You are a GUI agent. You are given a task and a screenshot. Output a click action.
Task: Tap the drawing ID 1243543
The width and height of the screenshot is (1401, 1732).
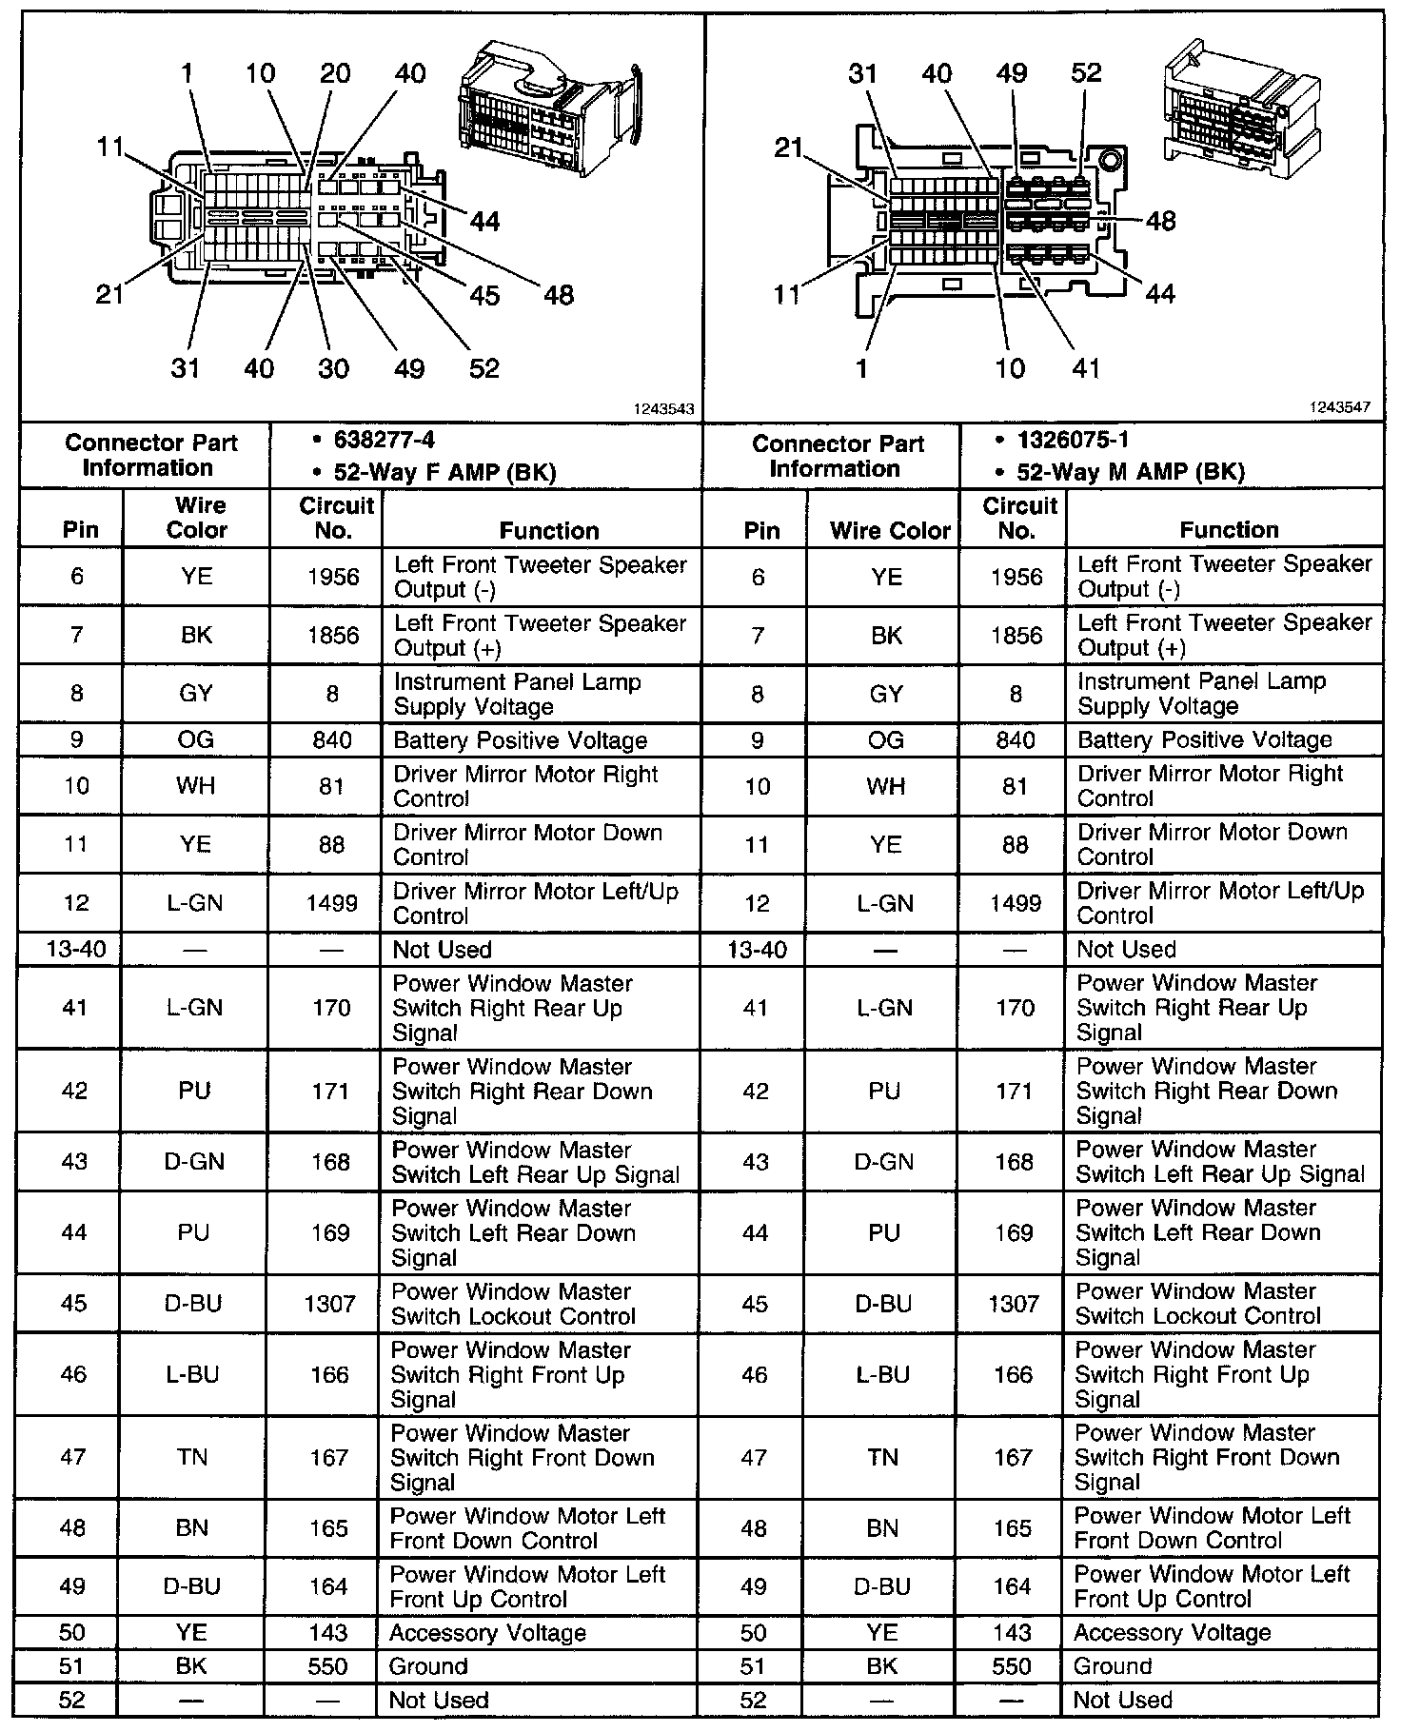[664, 409]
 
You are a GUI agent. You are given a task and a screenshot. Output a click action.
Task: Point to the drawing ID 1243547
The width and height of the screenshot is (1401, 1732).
[1340, 407]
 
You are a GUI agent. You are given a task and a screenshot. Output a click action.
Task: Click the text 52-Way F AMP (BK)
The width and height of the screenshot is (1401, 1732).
[444, 472]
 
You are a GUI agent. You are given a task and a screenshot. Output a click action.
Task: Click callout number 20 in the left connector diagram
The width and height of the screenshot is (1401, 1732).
[334, 73]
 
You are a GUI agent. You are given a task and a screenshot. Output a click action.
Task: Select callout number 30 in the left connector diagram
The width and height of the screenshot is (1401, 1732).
[333, 368]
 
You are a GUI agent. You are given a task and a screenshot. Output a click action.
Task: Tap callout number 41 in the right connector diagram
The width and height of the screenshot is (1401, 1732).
[1086, 368]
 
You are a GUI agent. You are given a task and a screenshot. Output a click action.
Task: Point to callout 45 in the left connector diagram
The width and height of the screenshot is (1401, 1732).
[484, 295]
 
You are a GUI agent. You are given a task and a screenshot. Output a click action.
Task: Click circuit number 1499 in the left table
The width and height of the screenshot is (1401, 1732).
[332, 903]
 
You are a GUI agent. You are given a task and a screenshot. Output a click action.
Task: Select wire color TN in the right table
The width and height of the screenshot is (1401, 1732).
[882, 1457]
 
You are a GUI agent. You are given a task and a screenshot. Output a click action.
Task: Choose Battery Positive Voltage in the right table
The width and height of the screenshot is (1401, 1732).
[1204, 740]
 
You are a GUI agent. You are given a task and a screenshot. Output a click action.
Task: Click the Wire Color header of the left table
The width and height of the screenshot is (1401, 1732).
[197, 518]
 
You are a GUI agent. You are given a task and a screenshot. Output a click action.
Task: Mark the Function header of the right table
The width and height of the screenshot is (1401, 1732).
[1229, 530]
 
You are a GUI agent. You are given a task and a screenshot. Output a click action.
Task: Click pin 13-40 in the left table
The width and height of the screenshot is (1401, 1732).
[76, 950]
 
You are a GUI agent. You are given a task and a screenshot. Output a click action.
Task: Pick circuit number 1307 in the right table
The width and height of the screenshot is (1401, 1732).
[1014, 1303]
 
